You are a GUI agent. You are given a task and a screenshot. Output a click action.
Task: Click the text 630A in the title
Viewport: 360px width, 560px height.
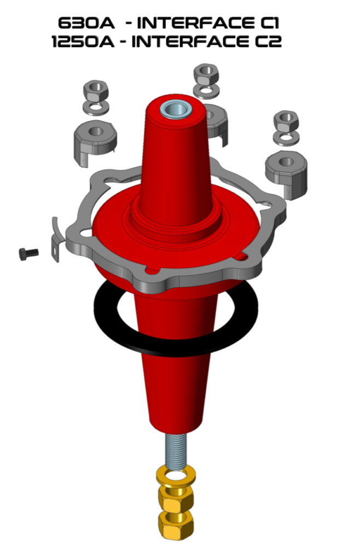[86, 23]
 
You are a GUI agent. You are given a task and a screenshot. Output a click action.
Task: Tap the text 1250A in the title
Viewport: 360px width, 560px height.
[83, 42]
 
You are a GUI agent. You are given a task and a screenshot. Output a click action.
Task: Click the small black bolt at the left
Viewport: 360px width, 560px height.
[28, 254]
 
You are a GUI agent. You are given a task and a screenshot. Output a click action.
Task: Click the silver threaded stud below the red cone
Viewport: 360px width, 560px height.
[176, 451]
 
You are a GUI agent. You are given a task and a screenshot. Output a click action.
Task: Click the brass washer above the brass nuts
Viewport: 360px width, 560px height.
[176, 475]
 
